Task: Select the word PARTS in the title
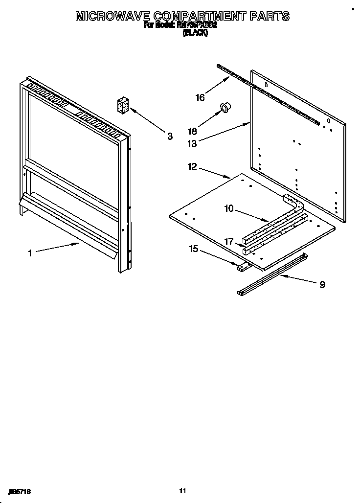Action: tap(270, 16)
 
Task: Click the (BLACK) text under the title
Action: tap(195, 33)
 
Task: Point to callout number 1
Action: tap(30, 253)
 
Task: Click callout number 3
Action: tap(170, 137)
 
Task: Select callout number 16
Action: tap(200, 97)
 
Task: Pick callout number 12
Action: tap(192, 167)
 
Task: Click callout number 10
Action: tap(229, 208)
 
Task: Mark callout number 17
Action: tap(229, 241)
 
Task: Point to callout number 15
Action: tap(194, 249)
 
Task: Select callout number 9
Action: tap(322, 284)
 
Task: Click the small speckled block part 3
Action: tap(123, 105)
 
